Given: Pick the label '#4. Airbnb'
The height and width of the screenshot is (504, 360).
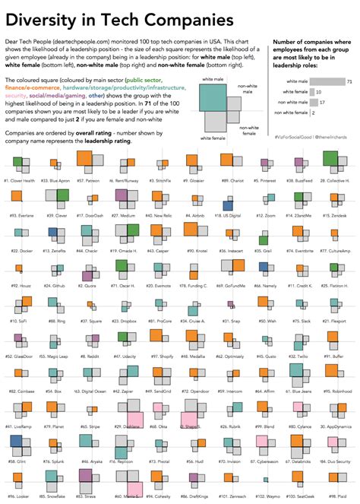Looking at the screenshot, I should tap(193, 216).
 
